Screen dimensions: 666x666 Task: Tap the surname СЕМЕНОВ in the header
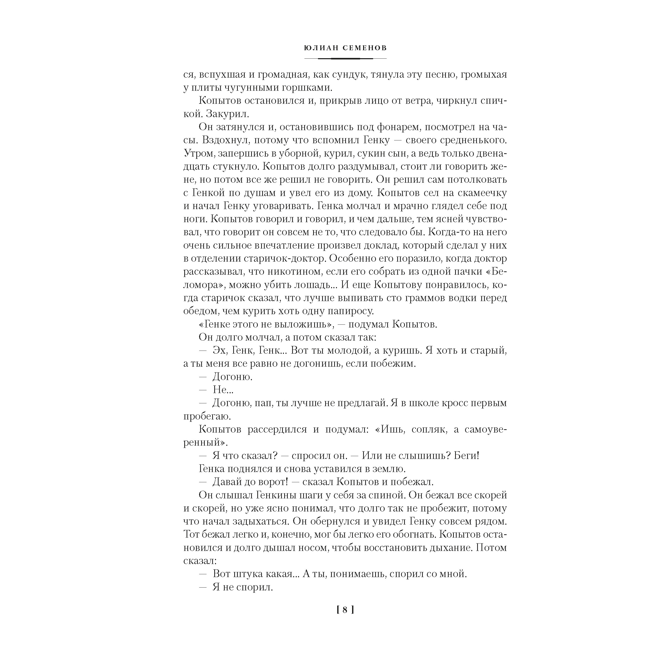(365, 48)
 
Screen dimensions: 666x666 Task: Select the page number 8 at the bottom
(345, 610)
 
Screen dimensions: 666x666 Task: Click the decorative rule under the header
(345, 59)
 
